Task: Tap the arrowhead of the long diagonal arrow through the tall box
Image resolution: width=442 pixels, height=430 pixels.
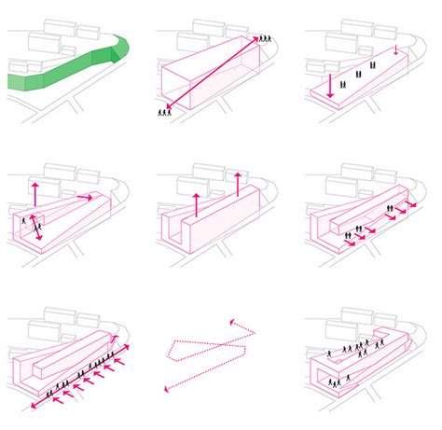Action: (256, 37)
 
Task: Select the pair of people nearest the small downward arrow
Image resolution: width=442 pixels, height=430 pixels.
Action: (375, 64)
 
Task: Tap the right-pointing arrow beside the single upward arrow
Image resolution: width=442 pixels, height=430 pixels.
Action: (83, 196)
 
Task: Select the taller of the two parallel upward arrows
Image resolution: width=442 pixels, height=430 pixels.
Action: (238, 185)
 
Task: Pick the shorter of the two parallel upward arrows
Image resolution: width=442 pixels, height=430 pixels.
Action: (196, 203)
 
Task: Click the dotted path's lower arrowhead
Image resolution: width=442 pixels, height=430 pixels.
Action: (168, 389)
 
